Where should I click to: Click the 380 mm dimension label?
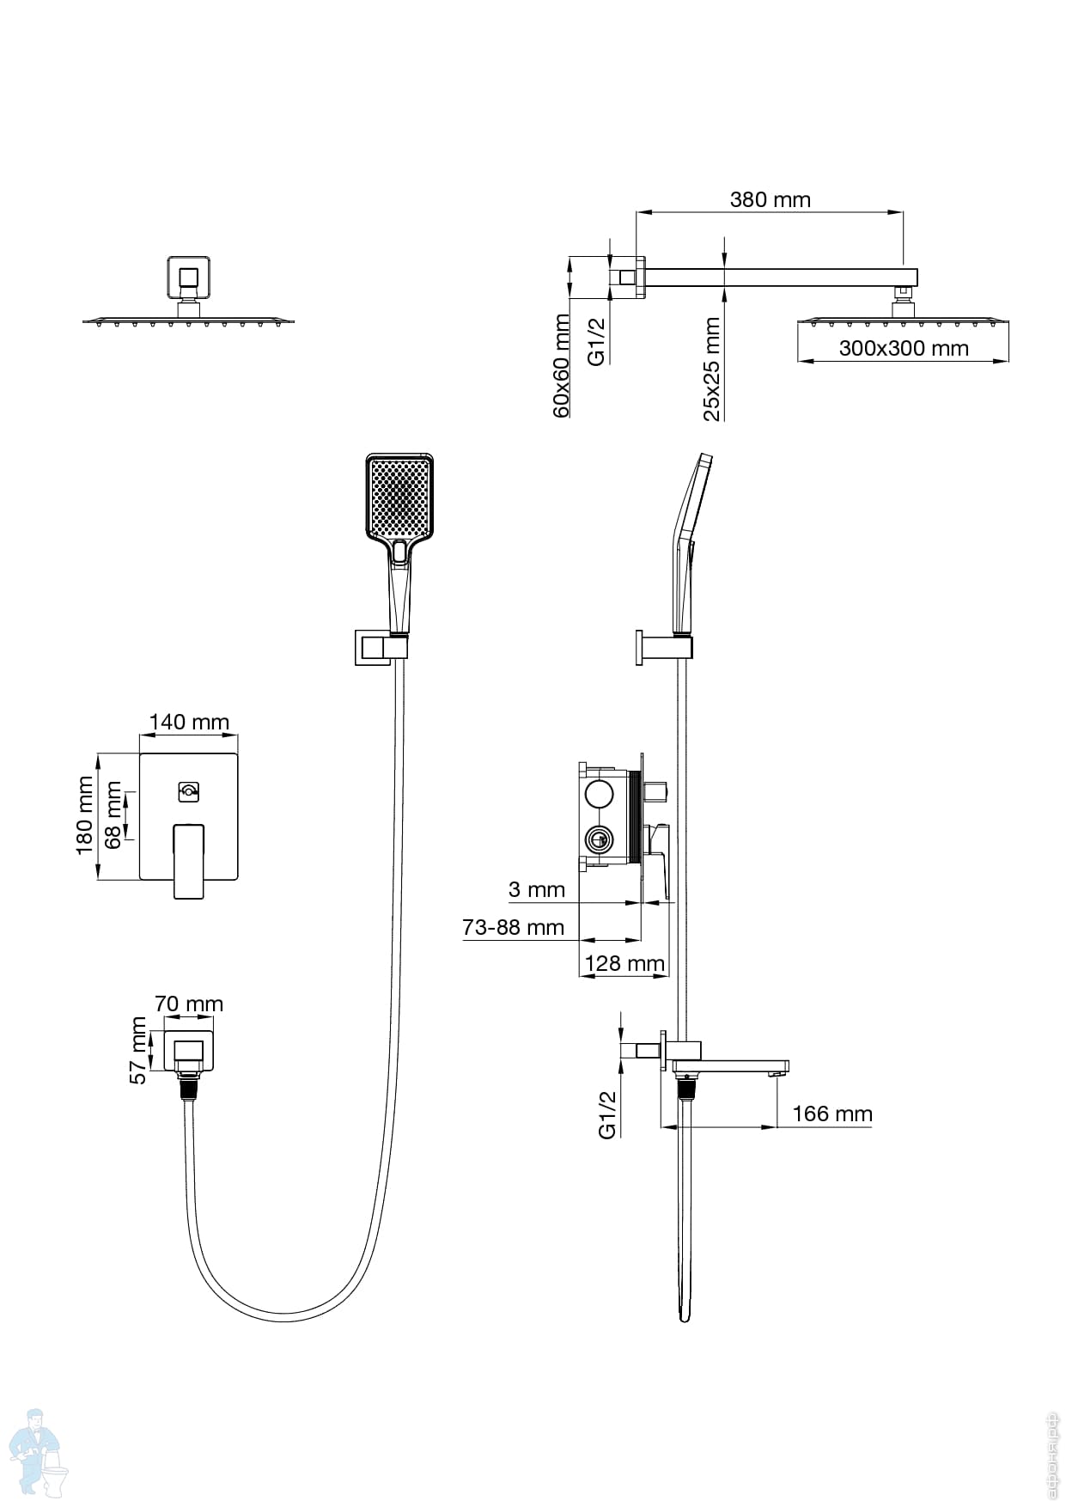[770, 200]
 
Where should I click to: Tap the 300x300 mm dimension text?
[903, 349]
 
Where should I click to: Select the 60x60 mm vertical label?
[561, 366]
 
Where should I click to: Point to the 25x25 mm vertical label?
[712, 369]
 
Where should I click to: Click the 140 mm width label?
[189, 722]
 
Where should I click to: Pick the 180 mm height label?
[84, 815]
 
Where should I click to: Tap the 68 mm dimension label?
[113, 815]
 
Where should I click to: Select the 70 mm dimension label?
[189, 1004]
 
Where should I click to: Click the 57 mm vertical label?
[138, 1050]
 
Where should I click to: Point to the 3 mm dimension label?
[537, 889]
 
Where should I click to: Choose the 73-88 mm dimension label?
[513, 928]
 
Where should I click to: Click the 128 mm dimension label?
[624, 964]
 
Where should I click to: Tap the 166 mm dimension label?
[831, 1114]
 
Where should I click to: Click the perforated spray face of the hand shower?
[399, 497]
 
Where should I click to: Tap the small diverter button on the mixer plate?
[189, 791]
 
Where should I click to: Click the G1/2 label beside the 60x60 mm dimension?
[597, 341]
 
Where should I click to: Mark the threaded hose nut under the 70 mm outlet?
[189, 1087]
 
